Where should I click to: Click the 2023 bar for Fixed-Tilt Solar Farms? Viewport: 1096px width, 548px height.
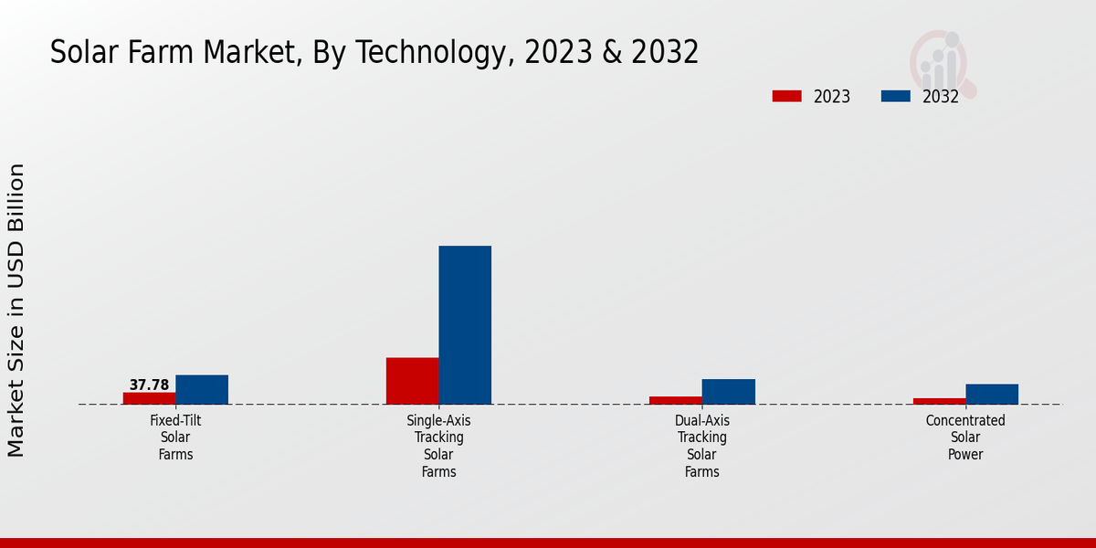[x=149, y=398]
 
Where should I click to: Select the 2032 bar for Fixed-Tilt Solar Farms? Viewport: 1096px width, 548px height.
[x=202, y=390]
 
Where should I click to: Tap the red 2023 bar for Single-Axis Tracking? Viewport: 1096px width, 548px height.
[x=412, y=381]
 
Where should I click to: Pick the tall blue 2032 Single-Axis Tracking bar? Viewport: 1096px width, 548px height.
[x=465, y=325]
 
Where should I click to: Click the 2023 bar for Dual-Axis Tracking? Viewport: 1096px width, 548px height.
[x=676, y=400]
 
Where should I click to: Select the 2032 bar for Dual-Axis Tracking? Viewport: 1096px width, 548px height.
[x=729, y=392]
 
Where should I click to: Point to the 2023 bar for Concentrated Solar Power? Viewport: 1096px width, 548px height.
[x=939, y=401]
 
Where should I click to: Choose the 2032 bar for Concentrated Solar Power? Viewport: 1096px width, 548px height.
[x=992, y=394]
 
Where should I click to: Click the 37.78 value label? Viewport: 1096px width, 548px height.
[x=149, y=385]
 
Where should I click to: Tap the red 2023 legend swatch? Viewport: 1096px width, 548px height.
[x=786, y=96]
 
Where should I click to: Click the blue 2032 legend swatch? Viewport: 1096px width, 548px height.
[x=895, y=96]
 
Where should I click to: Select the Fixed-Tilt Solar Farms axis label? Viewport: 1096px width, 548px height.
[x=175, y=437]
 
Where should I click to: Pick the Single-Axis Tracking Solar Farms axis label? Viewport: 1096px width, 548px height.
[x=438, y=446]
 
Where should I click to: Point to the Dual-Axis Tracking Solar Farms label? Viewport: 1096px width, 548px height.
[x=702, y=446]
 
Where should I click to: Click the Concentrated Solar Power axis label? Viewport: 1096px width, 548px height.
[x=965, y=437]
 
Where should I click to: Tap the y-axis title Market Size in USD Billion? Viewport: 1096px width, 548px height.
[x=16, y=311]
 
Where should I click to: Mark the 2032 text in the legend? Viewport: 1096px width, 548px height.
[x=941, y=97]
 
